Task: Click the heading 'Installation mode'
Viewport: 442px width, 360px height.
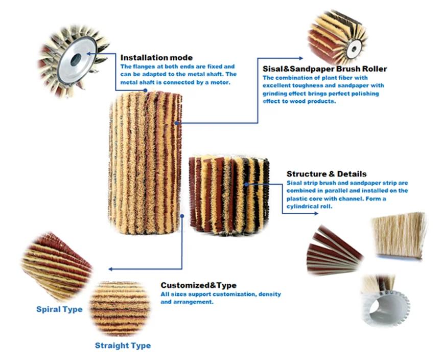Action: [156, 58]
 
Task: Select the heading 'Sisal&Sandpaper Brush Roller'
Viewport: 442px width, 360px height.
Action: [324, 69]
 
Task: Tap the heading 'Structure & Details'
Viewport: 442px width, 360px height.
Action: [326, 174]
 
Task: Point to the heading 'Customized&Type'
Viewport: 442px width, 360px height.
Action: [198, 285]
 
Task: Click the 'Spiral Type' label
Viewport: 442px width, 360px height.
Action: [59, 309]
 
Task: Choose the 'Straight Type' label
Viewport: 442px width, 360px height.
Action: [123, 346]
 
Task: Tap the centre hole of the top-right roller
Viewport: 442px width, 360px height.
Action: [352, 50]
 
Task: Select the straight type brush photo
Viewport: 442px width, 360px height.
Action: [120, 308]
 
